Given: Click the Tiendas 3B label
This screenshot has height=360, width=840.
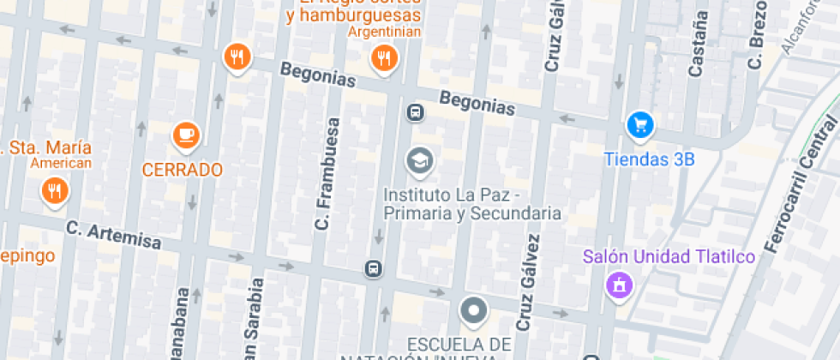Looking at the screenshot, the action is [x=649, y=159].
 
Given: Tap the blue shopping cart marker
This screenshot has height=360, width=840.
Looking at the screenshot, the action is [x=639, y=125].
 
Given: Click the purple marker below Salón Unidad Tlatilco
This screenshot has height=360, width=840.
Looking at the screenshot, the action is [x=617, y=285].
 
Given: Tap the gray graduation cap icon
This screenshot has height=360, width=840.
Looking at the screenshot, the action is [x=419, y=159].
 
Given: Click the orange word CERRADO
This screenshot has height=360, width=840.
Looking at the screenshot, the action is [x=182, y=170].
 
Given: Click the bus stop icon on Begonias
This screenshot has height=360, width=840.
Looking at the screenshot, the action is [x=415, y=111].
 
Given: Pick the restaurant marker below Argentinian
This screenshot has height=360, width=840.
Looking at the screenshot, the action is [x=383, y=58].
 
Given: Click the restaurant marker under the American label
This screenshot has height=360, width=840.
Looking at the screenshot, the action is [x=55, y=190].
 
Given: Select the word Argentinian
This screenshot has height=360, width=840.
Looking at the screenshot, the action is [x=385, y=32].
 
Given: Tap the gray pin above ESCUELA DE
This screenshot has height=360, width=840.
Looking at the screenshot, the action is [x=472, y=310].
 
